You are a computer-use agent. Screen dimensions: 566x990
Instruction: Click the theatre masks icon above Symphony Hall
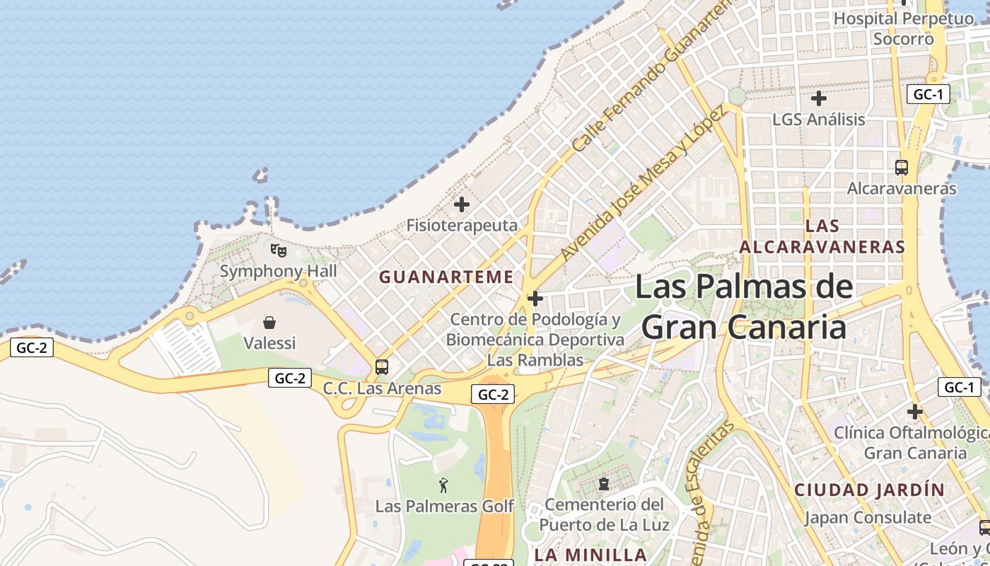[279, 250]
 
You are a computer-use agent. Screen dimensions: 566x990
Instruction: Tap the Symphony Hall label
[278, 271]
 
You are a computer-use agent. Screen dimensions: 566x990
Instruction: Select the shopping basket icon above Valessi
[269, 323]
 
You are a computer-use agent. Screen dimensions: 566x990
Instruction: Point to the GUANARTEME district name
[446, 277]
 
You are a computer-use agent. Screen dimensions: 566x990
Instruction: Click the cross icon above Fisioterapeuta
[462, 205]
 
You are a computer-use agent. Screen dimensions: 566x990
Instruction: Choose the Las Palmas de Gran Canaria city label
[744, 307]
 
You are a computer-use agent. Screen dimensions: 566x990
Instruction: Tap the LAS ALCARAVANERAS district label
[822, 236]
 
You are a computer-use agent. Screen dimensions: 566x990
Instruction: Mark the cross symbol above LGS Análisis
[819, 98]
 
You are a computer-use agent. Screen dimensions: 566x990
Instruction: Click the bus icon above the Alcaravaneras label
[901, 168]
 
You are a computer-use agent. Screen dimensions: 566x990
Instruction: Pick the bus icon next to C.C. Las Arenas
[382, 367]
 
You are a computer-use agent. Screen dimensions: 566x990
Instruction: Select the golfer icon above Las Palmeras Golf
[443, 485]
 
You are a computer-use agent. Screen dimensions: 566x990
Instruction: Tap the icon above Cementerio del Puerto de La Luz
[604, 484]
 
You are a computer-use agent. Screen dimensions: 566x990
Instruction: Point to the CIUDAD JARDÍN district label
[869, 490]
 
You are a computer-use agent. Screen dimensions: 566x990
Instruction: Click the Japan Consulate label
[868, 517]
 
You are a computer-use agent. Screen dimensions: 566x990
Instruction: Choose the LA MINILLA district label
[590, 554]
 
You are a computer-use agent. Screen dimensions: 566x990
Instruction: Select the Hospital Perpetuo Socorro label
[903, 28]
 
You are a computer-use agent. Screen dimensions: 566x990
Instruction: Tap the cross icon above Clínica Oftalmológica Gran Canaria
[915, 411]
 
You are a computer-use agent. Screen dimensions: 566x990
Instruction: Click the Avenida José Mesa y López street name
[642, 184]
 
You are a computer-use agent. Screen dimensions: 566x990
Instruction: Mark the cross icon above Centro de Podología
[535, 299]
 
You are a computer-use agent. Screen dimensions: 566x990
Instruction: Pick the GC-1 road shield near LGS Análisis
[928, 94]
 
